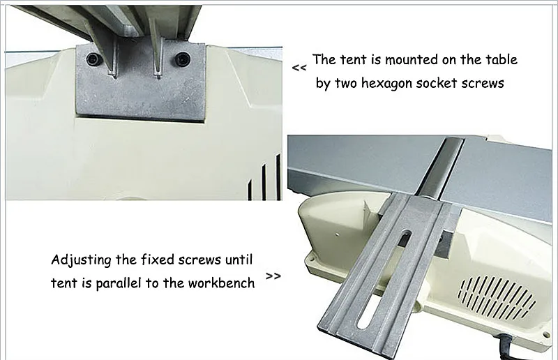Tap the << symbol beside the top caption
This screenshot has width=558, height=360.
coord(299,68)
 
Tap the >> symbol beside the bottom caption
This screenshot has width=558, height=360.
coord(274,276)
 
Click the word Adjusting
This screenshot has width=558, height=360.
coord(82,261)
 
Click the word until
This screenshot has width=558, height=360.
coord(238,260)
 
